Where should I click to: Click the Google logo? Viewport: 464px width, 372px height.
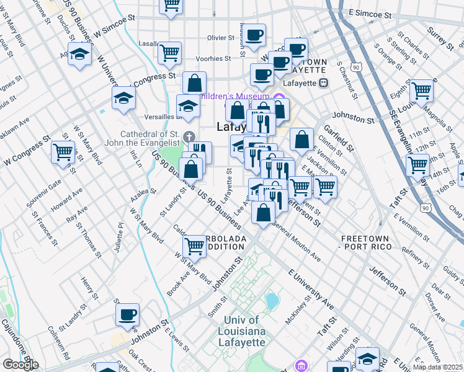(x=20, y=365)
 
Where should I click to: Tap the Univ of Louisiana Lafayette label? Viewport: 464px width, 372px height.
(x=244, y=331)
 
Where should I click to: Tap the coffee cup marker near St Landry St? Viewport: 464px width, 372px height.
(x=127, y=315)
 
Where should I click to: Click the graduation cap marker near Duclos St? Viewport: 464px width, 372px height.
(x=79, y=55)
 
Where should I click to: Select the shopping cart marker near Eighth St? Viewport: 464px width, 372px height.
(x=421, y=91)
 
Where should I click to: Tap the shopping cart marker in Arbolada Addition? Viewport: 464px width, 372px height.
(x=195, y=246)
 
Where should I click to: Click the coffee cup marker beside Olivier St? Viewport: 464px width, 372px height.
(x=253, y=36)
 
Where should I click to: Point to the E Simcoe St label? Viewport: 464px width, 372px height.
(x=371, y=14)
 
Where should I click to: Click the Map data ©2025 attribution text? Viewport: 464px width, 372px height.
(x=438, y=367)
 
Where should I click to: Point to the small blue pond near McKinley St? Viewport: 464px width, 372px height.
(x=272, y=301)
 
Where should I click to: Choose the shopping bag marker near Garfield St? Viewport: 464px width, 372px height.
(x=301, y=140)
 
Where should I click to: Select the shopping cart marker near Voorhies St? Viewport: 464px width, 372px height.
(x=169, y=53)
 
